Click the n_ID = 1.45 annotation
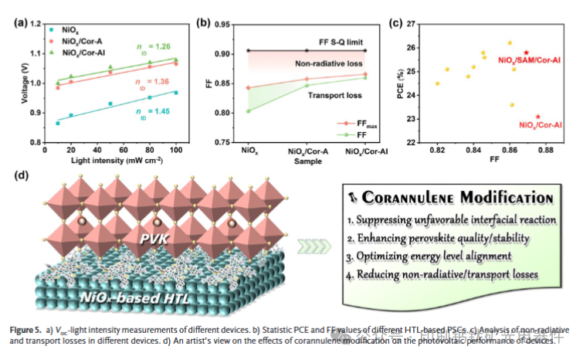pos(150,118)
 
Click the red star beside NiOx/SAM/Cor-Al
pos(527,51)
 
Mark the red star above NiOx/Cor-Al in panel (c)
pos(537,117)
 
